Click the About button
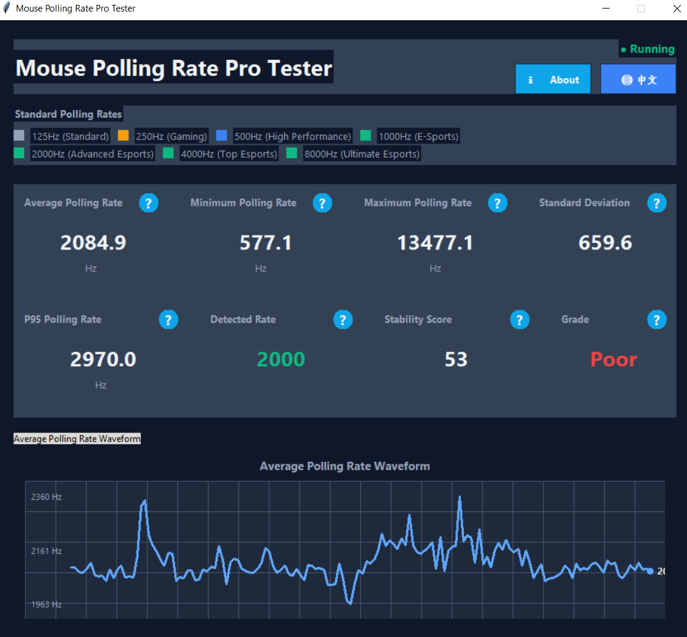click(x=553, y=80)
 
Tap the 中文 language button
click(x=638, y=80)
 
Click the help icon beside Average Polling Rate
click(x=149, y=203)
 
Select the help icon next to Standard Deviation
click(x=657, y=203)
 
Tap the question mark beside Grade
click(x=657, y=320)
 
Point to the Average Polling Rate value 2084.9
click(x=93, y=243)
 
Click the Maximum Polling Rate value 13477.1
click(x=435, y=243)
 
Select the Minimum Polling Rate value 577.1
click(x=266, y=243)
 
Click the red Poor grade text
click(x=613, y=360)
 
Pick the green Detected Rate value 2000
click(x=280, y=360)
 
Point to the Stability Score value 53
click(x=456, y=360)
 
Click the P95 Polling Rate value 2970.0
click(x=103, y=360)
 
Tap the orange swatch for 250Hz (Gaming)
click(x=123, y=135)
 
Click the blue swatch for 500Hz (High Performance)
click(x=222, y=135)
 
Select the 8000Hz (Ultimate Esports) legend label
click(x=362, y=154)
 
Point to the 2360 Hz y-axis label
click(x=46, y=497)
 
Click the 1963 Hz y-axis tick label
click(x=46, y=605)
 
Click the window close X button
click(x=677, y=9)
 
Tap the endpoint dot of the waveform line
click(x=650, y=571)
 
